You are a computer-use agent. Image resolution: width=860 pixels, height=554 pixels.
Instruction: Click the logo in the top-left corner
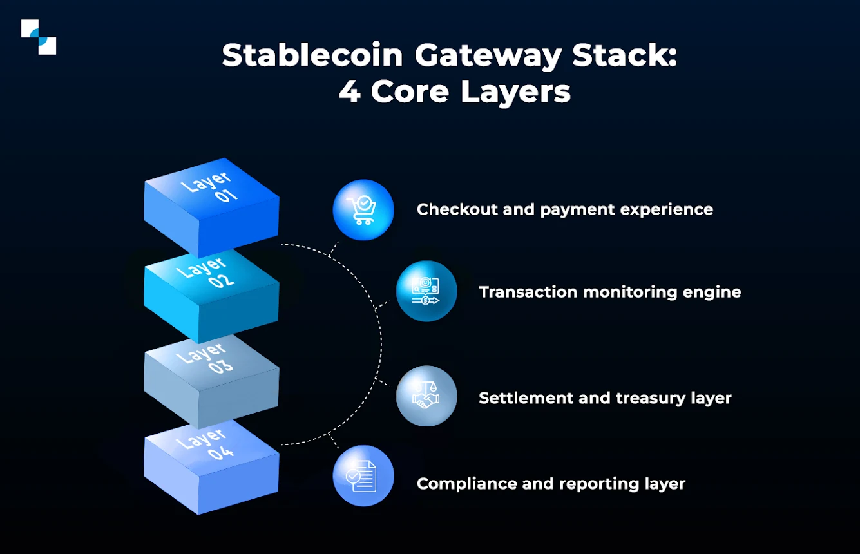coord(38,37)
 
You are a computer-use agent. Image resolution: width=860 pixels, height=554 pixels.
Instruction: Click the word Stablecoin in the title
coord(312,56)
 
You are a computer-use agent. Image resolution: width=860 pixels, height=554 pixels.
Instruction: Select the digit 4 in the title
coord(349,92)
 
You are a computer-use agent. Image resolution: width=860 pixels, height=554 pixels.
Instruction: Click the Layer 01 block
coord(211,200)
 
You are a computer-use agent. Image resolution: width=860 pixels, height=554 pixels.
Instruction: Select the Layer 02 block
coord(211,290)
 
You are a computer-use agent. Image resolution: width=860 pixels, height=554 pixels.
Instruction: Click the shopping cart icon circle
coord(363,210)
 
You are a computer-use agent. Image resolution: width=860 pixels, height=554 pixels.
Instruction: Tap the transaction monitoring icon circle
coord(426,291)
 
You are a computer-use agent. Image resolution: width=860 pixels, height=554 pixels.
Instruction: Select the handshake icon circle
coord(426,396)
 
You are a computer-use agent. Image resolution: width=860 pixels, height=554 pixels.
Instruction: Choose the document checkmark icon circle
coord(363,476)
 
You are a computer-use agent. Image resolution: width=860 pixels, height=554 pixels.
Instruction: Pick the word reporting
coord(599,483)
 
